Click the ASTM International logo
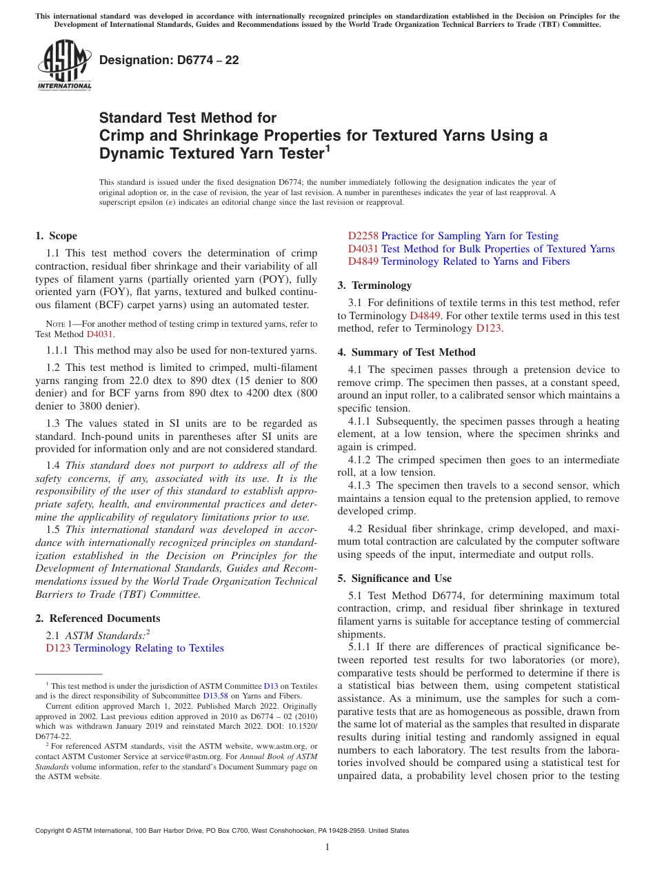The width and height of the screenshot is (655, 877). [64, 66]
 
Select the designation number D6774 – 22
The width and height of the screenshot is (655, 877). [169, 60]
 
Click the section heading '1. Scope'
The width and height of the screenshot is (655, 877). [57, 236]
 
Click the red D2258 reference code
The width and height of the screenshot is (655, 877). [363, 236]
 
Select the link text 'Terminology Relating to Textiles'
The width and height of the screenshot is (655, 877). [148, 648]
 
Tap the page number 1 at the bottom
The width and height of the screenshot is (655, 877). [327, 847]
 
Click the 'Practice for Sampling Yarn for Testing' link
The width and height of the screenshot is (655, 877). [470, 236]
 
